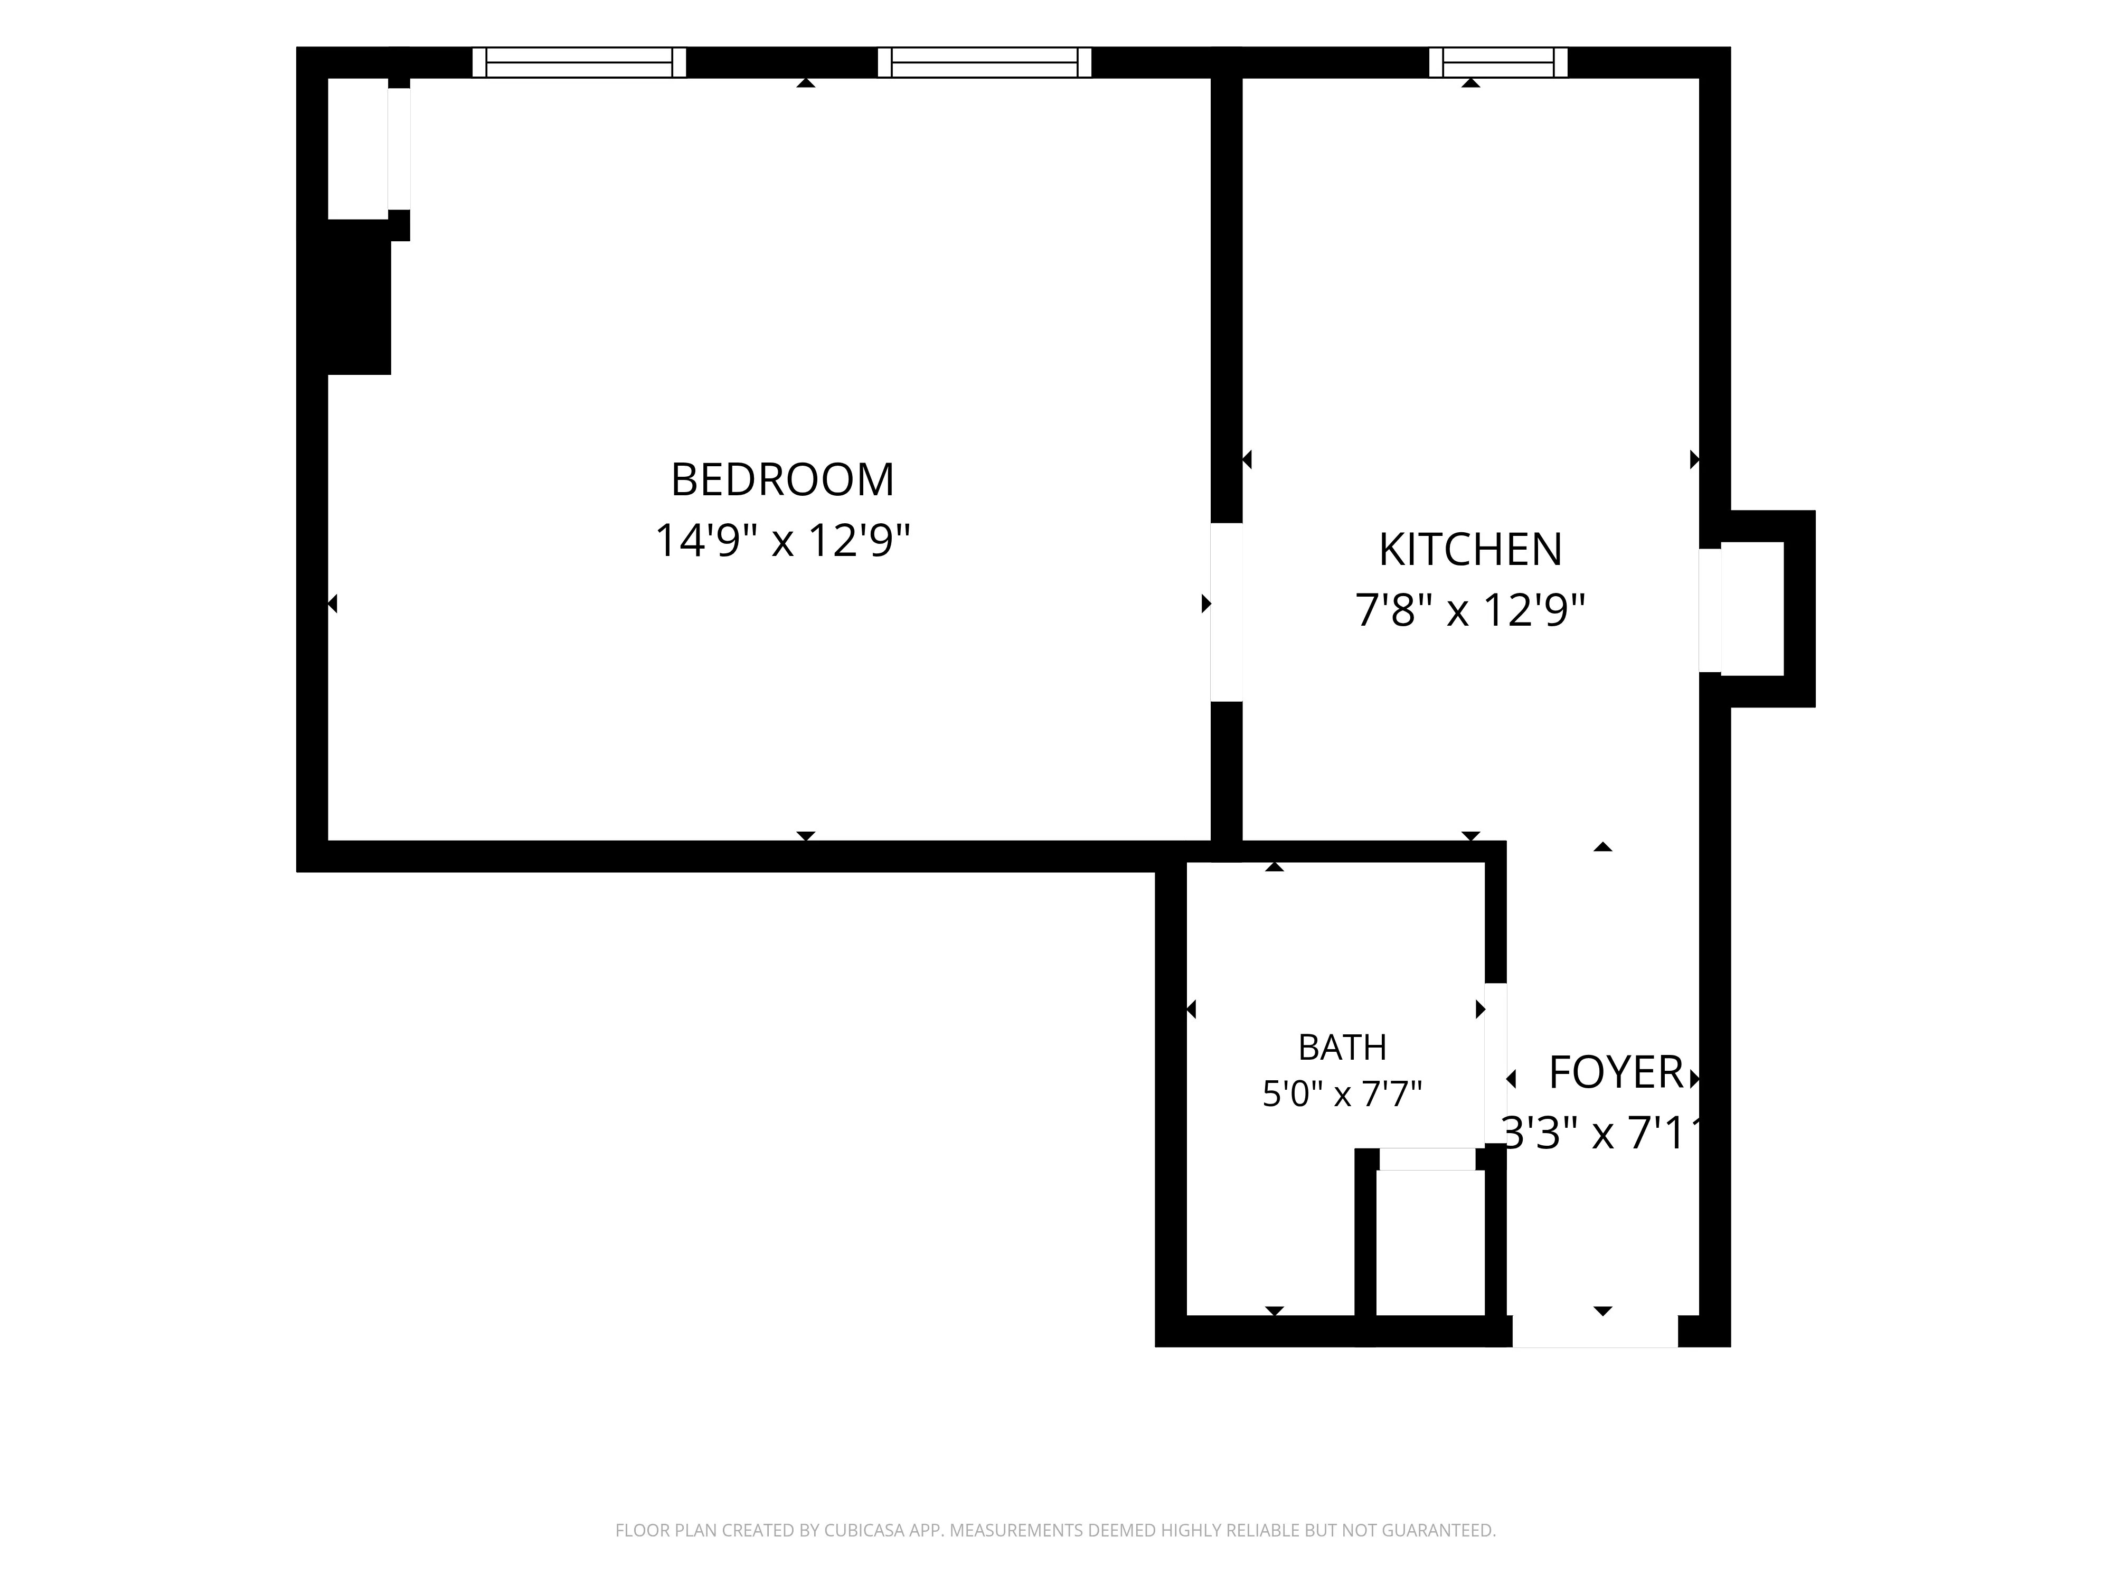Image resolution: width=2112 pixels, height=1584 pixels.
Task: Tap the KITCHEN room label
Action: [1470, 549]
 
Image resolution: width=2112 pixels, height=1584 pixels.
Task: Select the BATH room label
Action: [1342, 1048]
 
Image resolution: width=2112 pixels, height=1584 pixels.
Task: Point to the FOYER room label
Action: [1616, 1072]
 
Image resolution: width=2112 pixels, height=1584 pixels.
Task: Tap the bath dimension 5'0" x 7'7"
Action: [1342, 1093]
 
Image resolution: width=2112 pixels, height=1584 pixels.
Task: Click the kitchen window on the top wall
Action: [1498, 62]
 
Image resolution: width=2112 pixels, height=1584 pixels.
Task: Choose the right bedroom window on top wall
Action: [984, 62]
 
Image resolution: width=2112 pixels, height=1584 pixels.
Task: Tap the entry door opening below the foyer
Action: [1595, 1331]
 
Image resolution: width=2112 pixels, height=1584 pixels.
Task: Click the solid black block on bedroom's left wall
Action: [359, 297]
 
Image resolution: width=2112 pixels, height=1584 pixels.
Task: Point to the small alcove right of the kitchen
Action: [1752, 609]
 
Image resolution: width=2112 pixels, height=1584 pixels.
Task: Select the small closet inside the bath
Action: [1430, 1242]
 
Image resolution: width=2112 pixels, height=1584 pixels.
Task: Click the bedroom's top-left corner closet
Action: [358, 148]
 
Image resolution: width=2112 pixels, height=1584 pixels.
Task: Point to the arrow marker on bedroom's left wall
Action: [332, 604]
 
